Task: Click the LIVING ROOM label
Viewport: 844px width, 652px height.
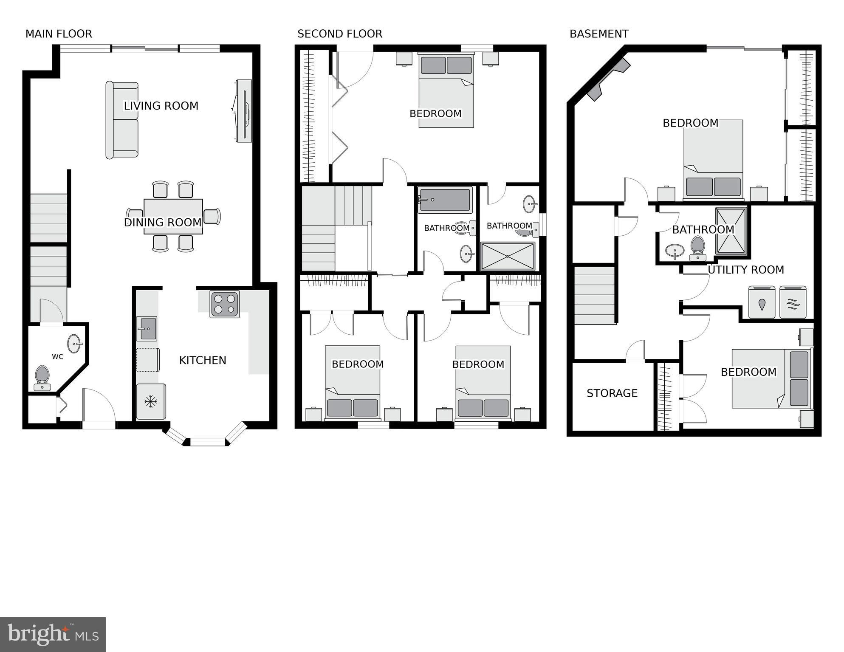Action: point(161,106)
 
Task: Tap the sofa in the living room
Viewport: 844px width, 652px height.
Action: point(122,120)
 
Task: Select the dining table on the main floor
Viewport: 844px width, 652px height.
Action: point(173,216)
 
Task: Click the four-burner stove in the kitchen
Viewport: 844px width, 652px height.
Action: point(225,304)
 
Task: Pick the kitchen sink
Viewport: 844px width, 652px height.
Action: point(147,329)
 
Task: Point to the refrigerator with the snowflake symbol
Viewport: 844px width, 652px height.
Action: point(151,401)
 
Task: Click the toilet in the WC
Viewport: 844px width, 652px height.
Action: point(42,376)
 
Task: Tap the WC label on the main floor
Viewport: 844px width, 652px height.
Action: point(57,357)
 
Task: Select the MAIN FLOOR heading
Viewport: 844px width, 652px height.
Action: point(59,34)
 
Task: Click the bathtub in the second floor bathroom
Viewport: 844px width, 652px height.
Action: point(445,200)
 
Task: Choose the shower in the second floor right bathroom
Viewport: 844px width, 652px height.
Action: point(508,256)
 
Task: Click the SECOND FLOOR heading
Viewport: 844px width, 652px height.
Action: point(339,34)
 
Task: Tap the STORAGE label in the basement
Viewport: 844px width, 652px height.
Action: point(612,393)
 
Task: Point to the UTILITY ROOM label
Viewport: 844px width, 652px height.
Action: point(745,270)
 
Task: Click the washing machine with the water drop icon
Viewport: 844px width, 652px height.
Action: point(762,303)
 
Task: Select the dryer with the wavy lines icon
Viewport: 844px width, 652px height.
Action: point(793,303)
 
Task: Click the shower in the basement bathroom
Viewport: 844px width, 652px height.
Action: point(731,231)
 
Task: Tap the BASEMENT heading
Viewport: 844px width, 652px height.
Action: point(599,34)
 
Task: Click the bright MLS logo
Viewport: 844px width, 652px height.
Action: point(53,634)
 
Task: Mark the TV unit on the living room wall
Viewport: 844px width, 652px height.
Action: point(244,111)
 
